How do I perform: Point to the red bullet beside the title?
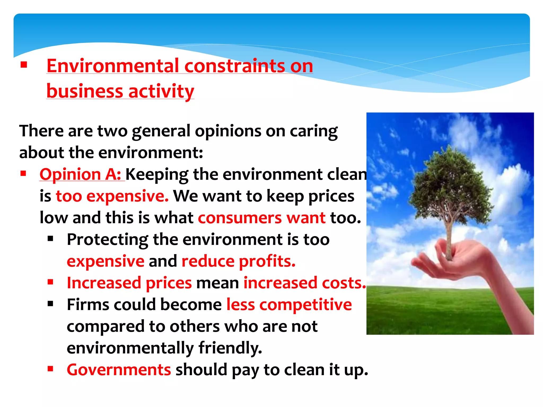click(x=24, y=65)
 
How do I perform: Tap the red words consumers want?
click(x=262, y=218)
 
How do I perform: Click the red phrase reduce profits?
click(x=238, y=261)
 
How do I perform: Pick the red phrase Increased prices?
click(x=129, y=283)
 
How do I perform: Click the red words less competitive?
click(x=289, y=305)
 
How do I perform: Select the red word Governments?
click(x=119, y=370)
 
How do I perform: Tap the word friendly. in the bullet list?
click(x=230, y=348)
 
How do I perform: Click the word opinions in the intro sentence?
click(x=228, y=131)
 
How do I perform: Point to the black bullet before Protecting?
click(x=50, y=239)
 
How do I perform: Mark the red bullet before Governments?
click(x=50, y=369)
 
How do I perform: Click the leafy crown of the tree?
click(x=451, y=183)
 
